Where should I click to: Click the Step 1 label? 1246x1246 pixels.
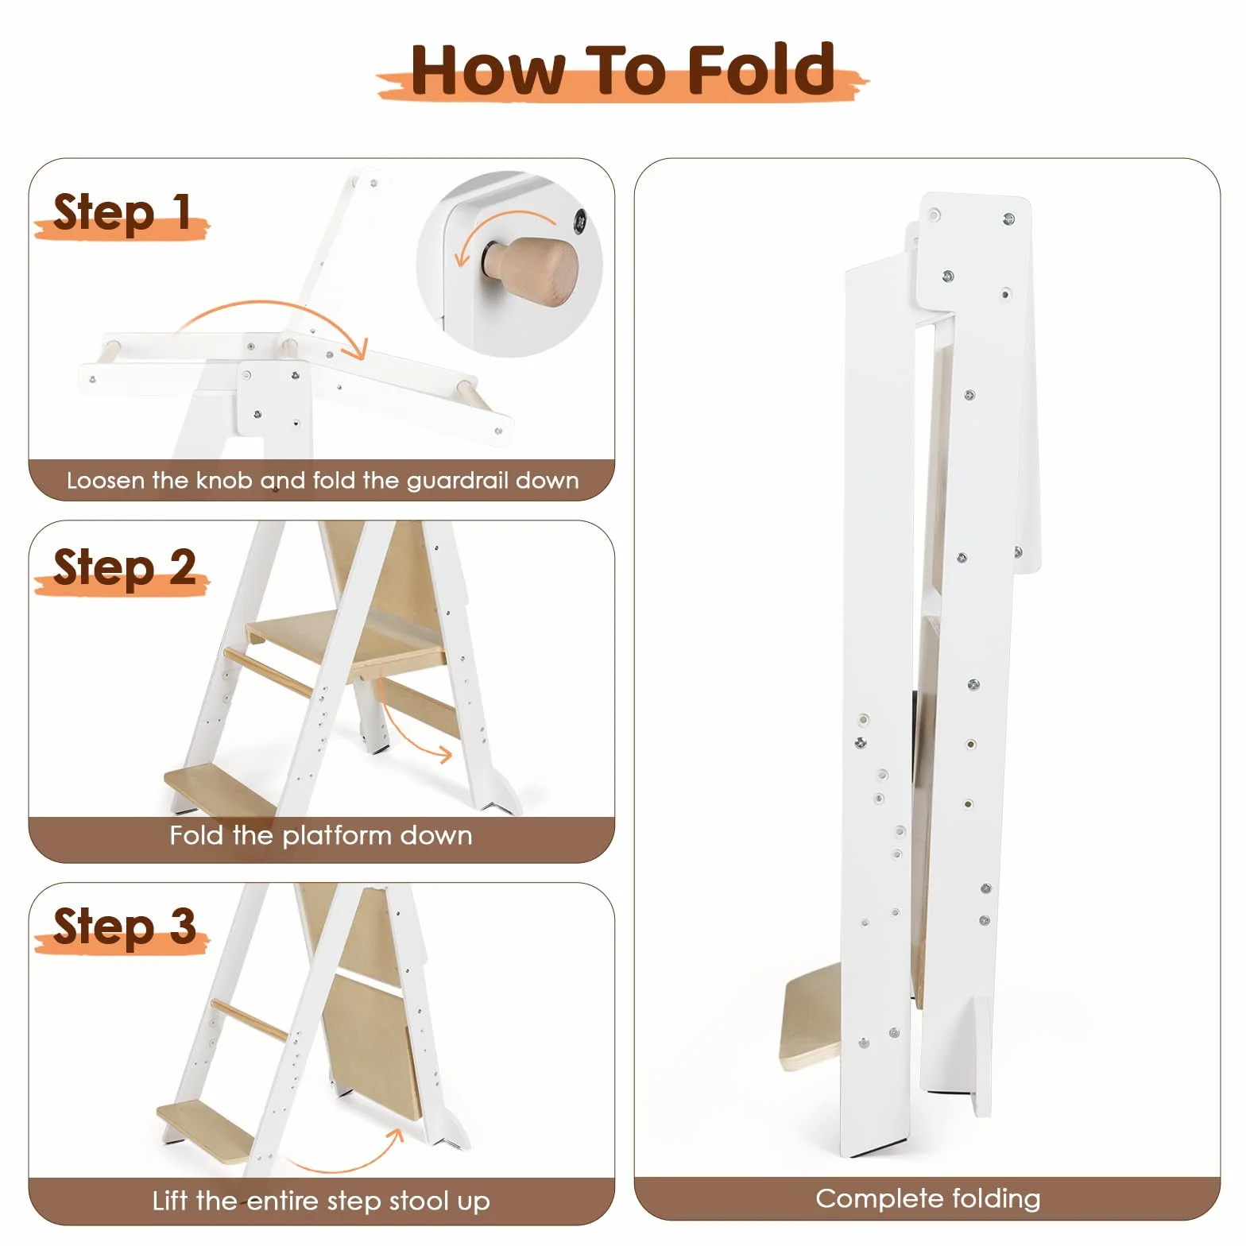pos(122,212)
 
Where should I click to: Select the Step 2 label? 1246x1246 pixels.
pos(124,567)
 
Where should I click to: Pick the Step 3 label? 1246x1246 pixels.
pos(124,926)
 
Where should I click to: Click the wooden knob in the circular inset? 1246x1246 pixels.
pos(534,269)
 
